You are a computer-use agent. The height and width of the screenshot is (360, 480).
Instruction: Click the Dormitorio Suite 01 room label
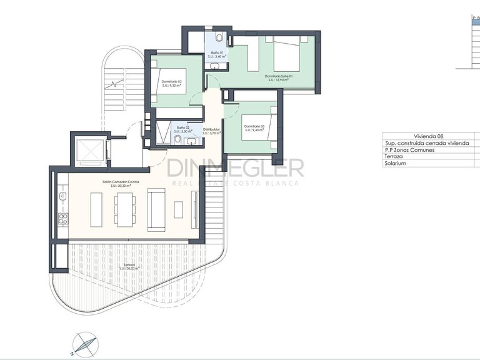coord(278,76)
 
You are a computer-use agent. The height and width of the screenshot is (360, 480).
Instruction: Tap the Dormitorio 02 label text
coord(171,82)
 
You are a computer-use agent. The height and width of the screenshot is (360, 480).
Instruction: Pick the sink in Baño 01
coord(214,65)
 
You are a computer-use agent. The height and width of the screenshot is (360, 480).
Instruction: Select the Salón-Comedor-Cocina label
coord(121,182)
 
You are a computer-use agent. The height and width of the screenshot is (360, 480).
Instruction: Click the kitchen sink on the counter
coord(62,197)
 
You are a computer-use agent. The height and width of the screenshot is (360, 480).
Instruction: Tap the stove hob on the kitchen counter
coord(62,219)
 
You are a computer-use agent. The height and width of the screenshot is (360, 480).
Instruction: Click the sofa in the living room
coord(156,209)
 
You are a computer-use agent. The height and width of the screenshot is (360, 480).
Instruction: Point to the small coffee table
coord(179,209)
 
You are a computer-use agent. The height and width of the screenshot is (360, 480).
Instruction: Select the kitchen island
coord(96,209)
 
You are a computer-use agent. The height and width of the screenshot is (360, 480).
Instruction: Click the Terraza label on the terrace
coord(129,265)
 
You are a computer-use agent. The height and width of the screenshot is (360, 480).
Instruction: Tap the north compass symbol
coord(82,342)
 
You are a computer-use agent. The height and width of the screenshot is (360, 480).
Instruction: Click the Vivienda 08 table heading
coord(429,136)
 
